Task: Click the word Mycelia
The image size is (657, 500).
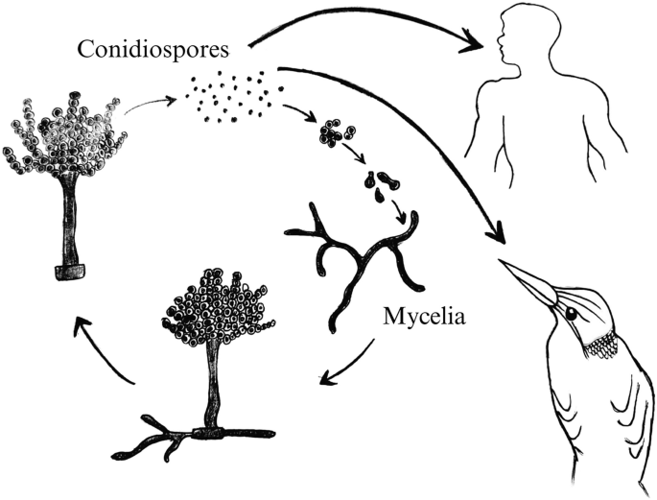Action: coord(422,314)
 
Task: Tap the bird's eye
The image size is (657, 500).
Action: coord(571,314)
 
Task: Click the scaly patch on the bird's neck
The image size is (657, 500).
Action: coord(601,342)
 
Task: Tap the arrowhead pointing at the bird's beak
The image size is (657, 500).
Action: coord(497,234)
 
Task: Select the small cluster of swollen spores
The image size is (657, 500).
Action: coord(335,134)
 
